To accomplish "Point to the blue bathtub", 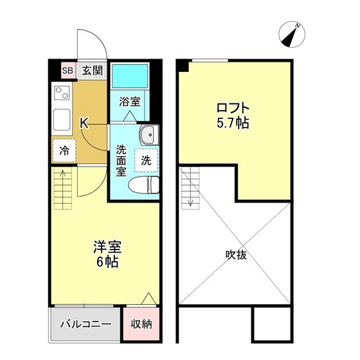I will [130, 76].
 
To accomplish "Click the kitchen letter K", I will [84, 122].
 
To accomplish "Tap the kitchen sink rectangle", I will [62, 120].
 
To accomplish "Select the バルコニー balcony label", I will [86, 324].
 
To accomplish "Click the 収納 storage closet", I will [141, 324].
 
